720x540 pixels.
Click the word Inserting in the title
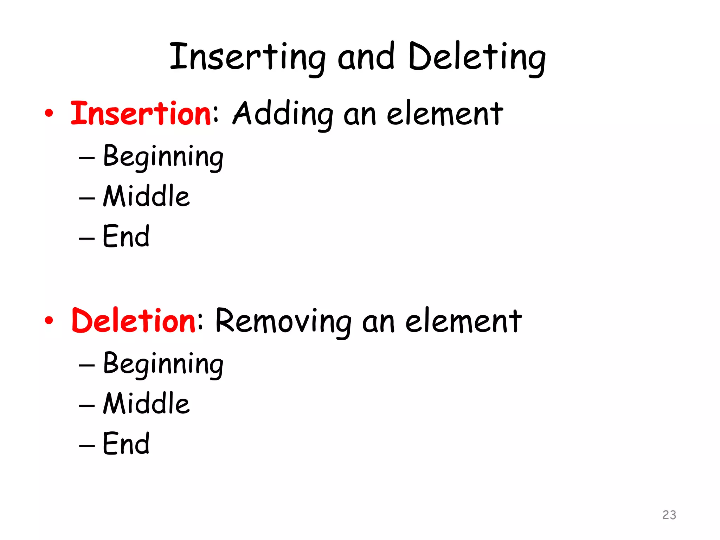(247, 58)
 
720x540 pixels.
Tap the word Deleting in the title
(477, 58)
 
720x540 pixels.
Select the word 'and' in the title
(366, 58)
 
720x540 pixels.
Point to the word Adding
(283, 114)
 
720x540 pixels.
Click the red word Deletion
(134, 321)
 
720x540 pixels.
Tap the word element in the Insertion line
(445, 114)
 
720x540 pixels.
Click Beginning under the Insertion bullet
(163, 157)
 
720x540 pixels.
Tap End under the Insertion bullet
(126, 236)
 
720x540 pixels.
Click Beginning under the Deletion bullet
(163, 364)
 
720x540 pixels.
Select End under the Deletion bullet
(126, 444)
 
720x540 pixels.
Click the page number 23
(669, 515)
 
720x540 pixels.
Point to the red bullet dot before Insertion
(49, 113)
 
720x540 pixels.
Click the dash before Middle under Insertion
(87, 198)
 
